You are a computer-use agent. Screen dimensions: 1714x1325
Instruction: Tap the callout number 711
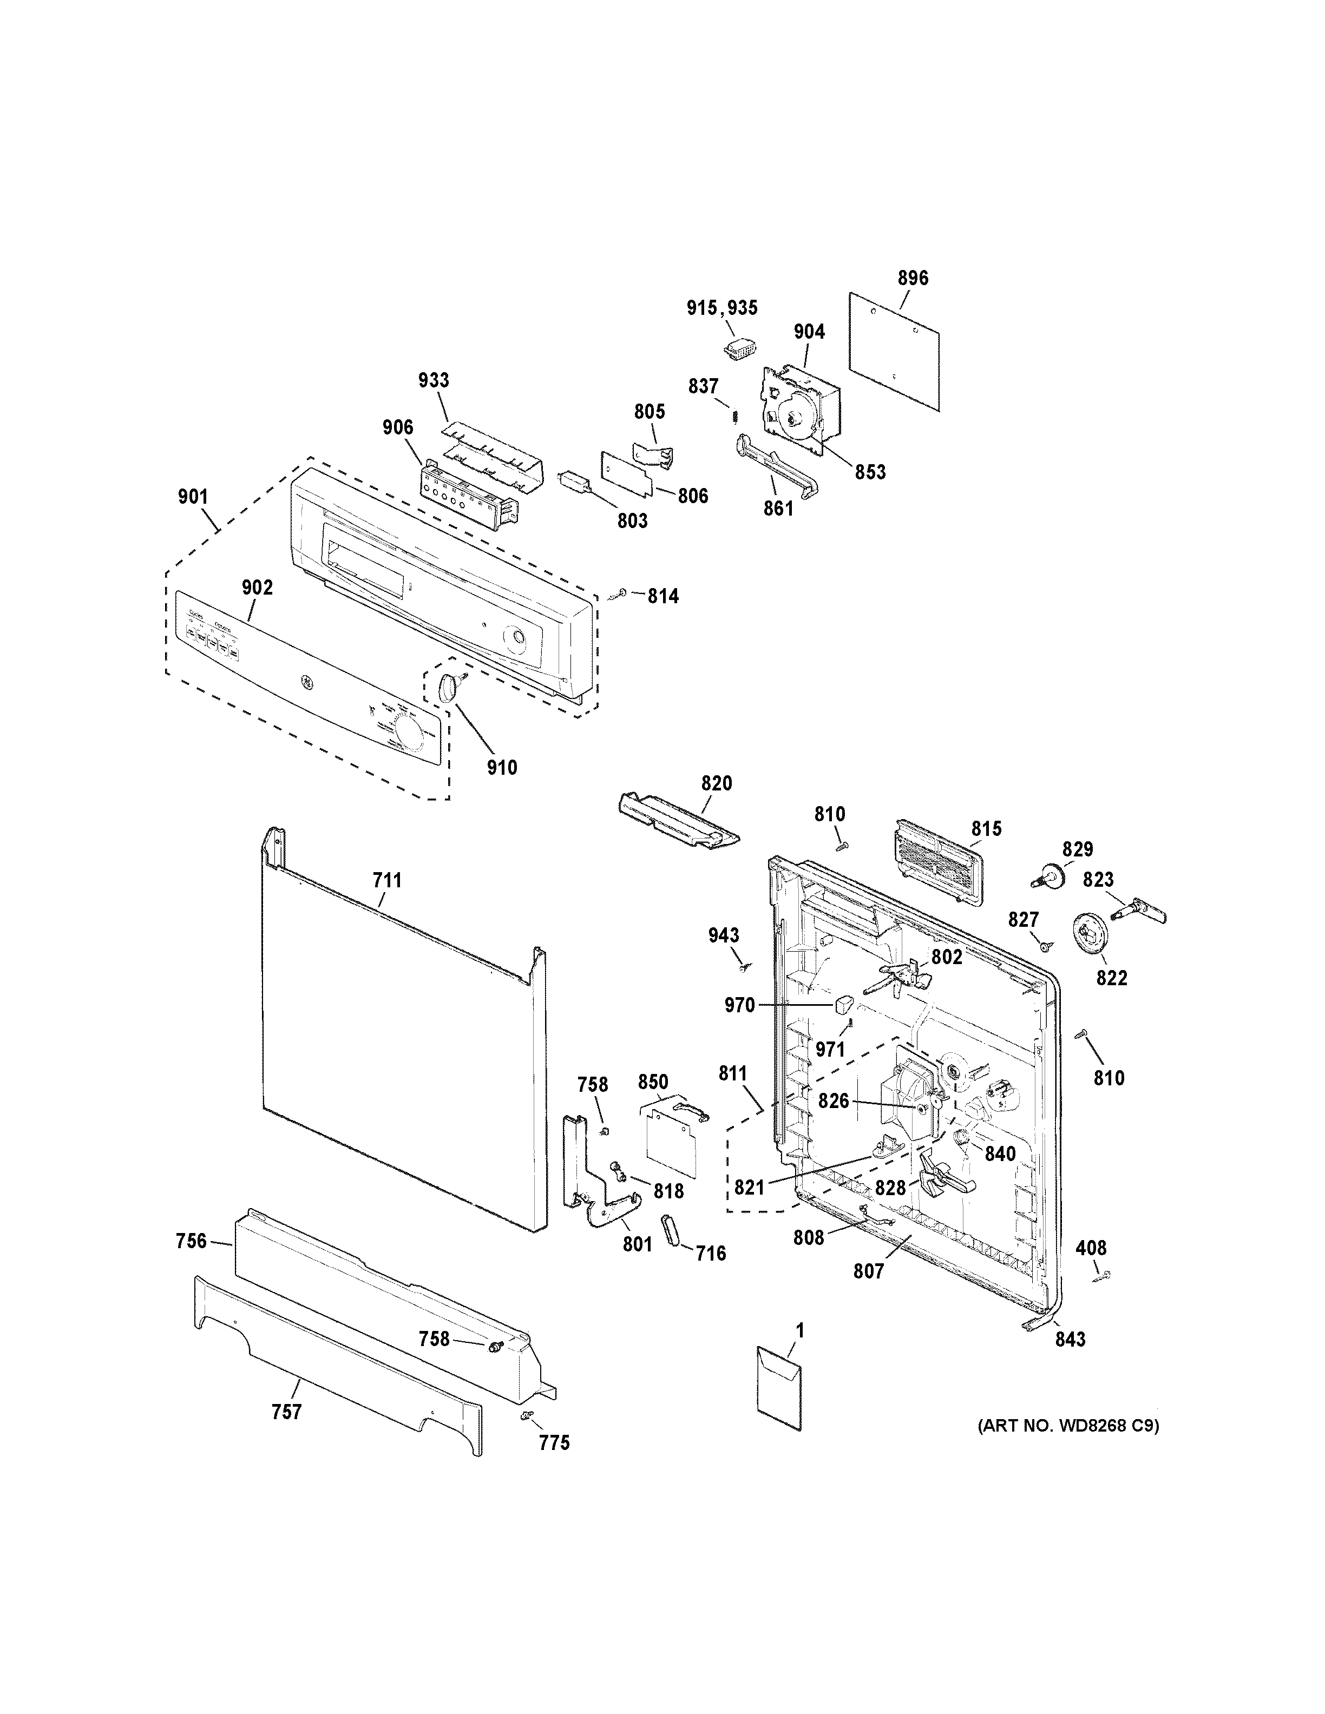(x=387, y=881)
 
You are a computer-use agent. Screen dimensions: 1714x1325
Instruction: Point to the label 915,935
(x=722, y=308)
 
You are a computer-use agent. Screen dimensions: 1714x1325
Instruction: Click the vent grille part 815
(x=938, y=860)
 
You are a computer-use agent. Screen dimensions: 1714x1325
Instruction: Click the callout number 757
(x=286, y=1413)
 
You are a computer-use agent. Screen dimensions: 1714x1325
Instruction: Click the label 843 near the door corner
(x=1070, y=1340)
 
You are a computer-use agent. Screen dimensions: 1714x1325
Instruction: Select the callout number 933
(x=434, y=381)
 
